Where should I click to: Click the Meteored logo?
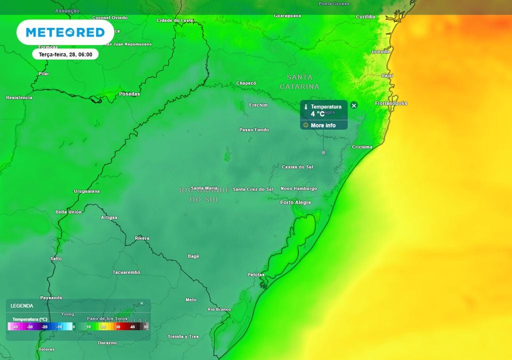(x=65, y=32)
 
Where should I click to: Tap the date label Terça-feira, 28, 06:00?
(x=65, y=54)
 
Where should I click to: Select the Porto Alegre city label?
(x=295, y=202)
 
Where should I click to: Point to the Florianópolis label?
(x=391, y=103)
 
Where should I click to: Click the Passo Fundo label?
(x=254, y=130)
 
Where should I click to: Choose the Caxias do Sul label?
(x=297, y=167)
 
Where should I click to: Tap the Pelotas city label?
(x=256, y=274)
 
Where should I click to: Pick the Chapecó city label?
(x=246, y=83)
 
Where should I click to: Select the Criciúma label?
(x=362, y=147)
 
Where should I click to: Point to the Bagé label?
(x=193, y=256)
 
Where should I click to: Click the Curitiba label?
(x=365, y=17)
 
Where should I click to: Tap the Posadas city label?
(x=129, y=94)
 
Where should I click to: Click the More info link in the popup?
(x=323, y=125)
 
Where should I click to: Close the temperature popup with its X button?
(x=354, y=105)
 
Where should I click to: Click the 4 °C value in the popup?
(x=317, y=114)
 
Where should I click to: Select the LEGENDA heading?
(x=22, y=305)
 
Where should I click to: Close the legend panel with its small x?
(x=141, y=303)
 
